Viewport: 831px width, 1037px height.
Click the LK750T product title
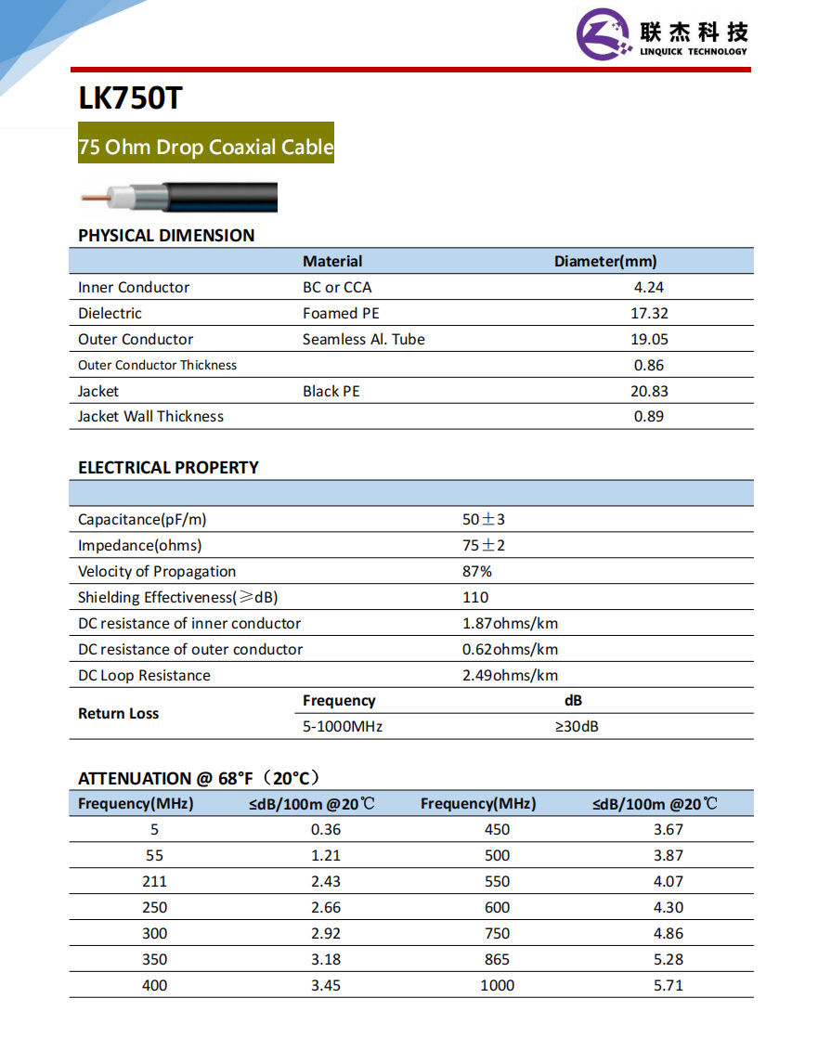[x=130, y=98]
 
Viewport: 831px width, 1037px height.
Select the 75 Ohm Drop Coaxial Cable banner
[x=206, y=147]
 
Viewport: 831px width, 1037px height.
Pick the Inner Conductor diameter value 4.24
[x=649, y=288]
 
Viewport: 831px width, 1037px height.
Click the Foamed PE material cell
[x=341, y=314]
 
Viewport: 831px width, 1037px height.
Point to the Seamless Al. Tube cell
[x=363, y=340]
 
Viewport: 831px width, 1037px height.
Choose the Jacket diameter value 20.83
[x=649, y=392]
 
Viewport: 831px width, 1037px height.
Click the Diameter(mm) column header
[x=605, y=262]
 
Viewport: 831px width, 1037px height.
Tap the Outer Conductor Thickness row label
[x=157, y=366]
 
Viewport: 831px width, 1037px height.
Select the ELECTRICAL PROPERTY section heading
[x=168, y=468]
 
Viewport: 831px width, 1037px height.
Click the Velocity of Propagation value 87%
[x=477, y=572]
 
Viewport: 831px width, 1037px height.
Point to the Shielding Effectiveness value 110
[x=475, y=598]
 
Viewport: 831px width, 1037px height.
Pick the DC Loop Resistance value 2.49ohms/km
[x=510, y=676]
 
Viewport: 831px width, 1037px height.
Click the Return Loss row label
[x=118, y=714]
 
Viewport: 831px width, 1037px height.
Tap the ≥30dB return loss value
[x=576, y=727]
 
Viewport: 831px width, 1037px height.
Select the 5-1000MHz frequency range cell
[x=343, y=727]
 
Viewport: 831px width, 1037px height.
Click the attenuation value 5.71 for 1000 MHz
[x=669, y=986]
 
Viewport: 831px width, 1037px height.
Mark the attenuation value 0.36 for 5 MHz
[x=326, y=830]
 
